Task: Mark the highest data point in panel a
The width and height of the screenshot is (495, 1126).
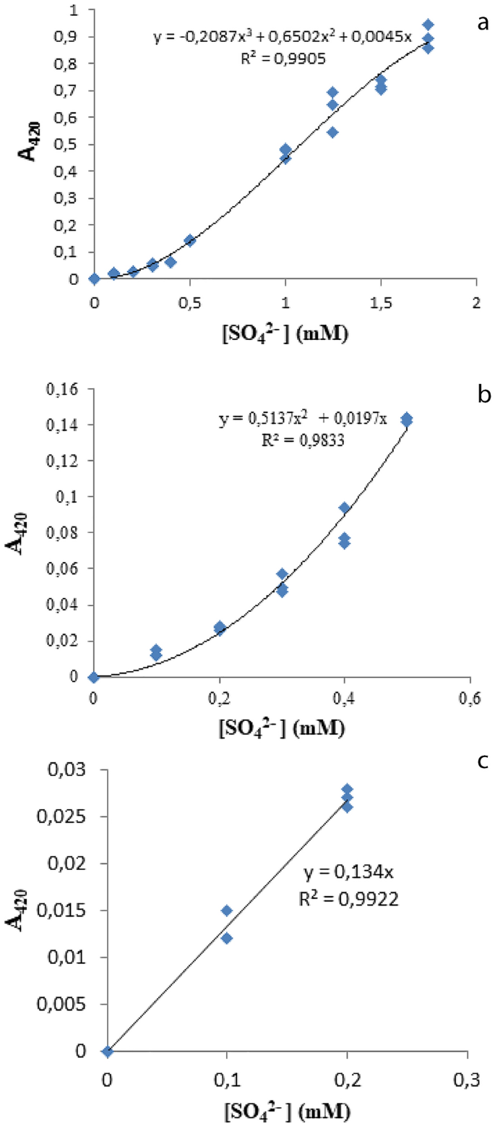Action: (x=428, y=25)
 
